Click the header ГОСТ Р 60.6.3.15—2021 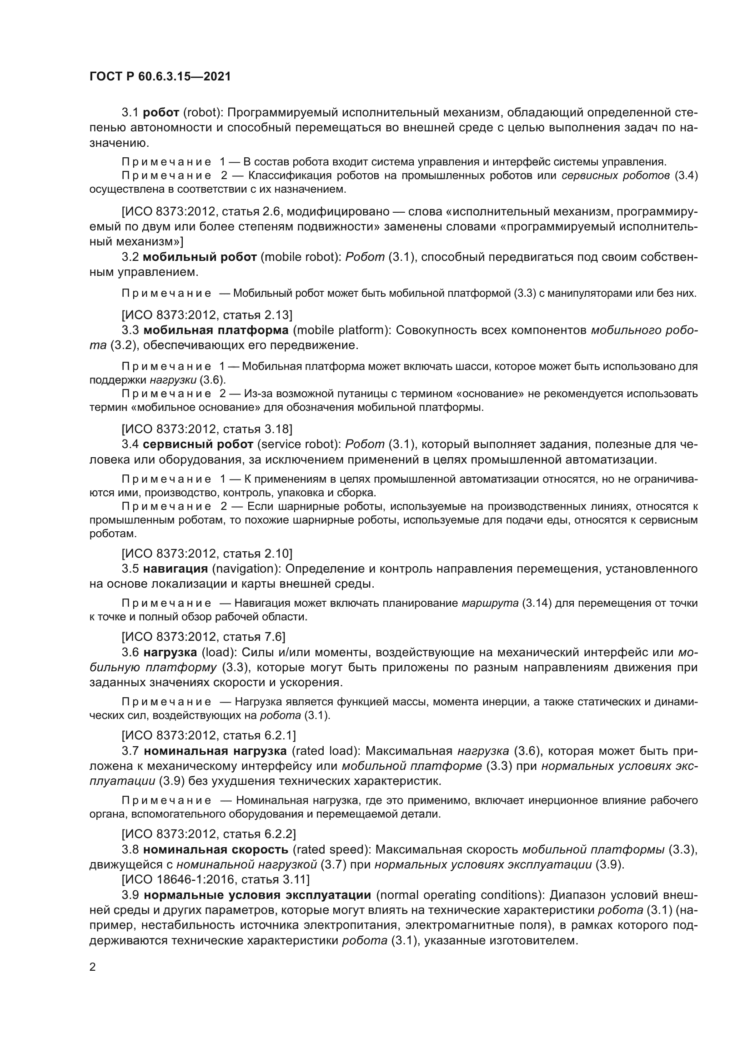(160, 77)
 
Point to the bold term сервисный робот (198, 444)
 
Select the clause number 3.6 (130, 652)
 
